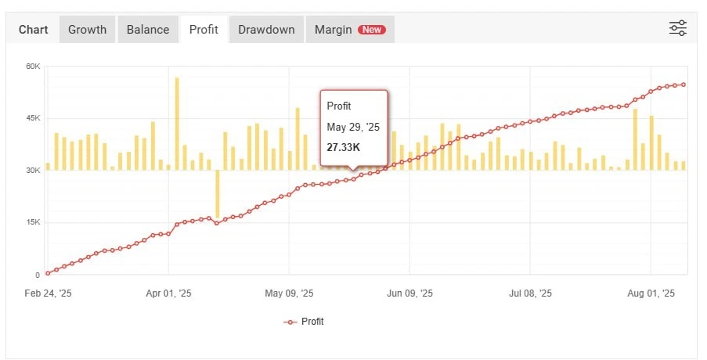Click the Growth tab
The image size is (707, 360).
pos(87,30)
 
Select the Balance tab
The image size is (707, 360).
pos(147,30)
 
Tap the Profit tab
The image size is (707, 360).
pos(204,30)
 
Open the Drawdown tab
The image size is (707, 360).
pos(266,30)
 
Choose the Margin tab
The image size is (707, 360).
pos(334,30)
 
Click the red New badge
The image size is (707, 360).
pos(371,30)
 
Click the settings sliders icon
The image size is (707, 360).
pos(677,29)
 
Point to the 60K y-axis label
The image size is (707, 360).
pos(32,66)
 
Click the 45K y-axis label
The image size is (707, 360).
pos(32,118)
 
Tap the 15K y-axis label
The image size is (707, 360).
pos(32,222)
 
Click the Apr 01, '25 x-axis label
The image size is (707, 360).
pos(169,293)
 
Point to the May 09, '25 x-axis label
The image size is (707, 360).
pos(290,293)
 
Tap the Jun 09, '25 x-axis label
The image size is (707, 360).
pos(409,293)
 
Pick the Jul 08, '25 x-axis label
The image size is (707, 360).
pos(530,293)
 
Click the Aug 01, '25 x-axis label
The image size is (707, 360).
pos(651,293)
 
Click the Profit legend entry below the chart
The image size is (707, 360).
pos(304,322)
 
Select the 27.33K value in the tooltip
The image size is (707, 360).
pos(344,147)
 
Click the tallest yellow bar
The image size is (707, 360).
pos(177,121)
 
